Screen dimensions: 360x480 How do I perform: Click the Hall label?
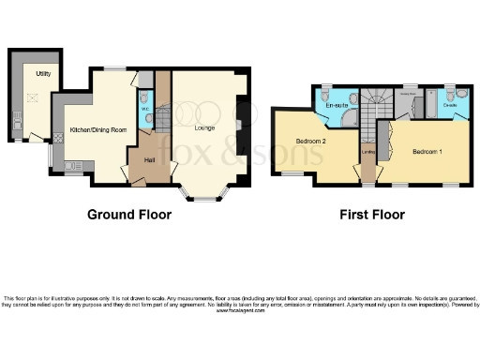pyautogui.click(x=149, y=159)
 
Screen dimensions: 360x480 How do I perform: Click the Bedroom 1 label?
pyautogui.click(x=427, y=150)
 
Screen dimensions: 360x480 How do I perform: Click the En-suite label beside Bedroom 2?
pyautogui.click(x=336, y=106)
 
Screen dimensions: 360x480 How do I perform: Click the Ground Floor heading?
pyautogui.click(x=129, y=215)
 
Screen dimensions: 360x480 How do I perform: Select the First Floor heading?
pyautogui.click(x=372, y=215)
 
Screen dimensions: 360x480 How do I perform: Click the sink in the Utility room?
pyautogui.click(x=16, y=120)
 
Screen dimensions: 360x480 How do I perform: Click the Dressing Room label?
pyautogui.click(x=410, y=94)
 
